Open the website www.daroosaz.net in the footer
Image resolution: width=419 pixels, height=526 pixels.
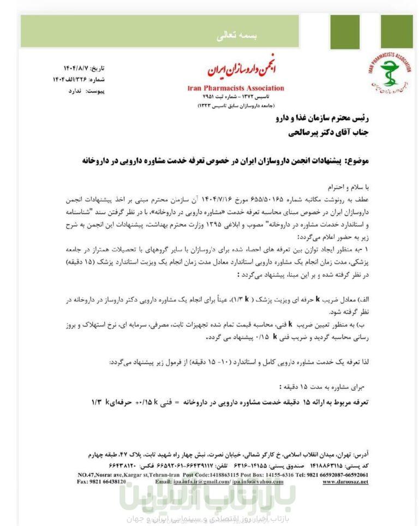349,482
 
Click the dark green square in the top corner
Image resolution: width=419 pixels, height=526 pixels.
397,31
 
